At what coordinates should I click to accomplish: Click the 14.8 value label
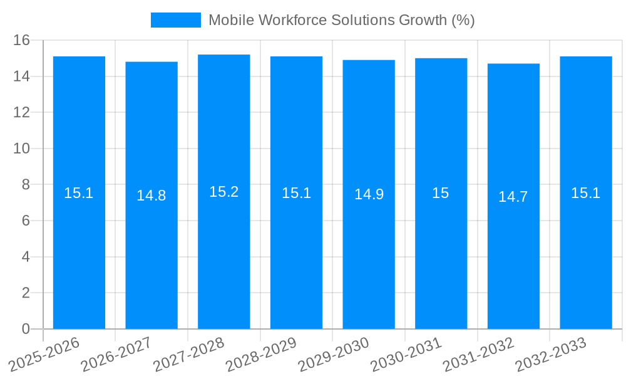tap(151, 196)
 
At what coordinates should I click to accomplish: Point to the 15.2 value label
tap(224, 192)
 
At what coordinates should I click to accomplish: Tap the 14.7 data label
tap(513, 197)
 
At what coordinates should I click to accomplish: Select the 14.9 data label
tap(369, 194)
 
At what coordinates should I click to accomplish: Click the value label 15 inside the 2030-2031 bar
tap(441, 193)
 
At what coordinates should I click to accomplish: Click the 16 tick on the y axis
tap(22, 41)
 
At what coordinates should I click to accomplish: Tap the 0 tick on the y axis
tap(26, 329)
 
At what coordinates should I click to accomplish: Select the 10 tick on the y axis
tap(22, 149)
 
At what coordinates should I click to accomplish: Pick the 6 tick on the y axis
tap(26, 221)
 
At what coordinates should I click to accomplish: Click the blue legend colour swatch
tap(176, 20)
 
